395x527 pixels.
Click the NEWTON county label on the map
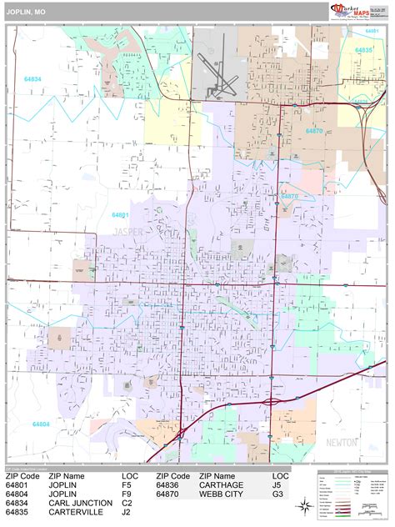point(341,441)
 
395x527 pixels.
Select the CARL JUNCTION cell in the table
point(80,504)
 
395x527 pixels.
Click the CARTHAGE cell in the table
point(221,484)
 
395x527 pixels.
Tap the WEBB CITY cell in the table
point(222,494)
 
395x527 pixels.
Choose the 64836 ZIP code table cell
point(171,484)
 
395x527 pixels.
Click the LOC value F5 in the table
point(127,484)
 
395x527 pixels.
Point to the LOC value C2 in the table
point(127,504)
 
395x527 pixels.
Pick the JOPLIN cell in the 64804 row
point(65,494)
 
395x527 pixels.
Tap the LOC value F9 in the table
point(127,494)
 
